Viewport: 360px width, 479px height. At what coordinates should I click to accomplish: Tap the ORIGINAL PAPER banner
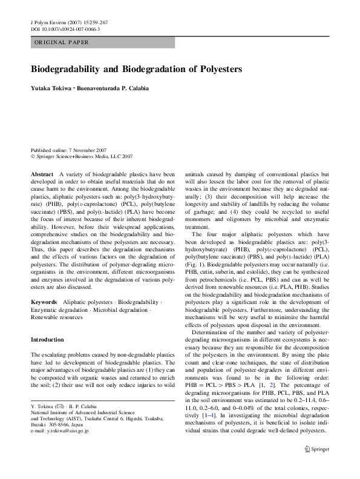point(61,42)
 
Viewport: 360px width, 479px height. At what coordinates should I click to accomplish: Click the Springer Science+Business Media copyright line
point(81,156)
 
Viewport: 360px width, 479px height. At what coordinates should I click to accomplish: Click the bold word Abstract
point(42,174)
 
